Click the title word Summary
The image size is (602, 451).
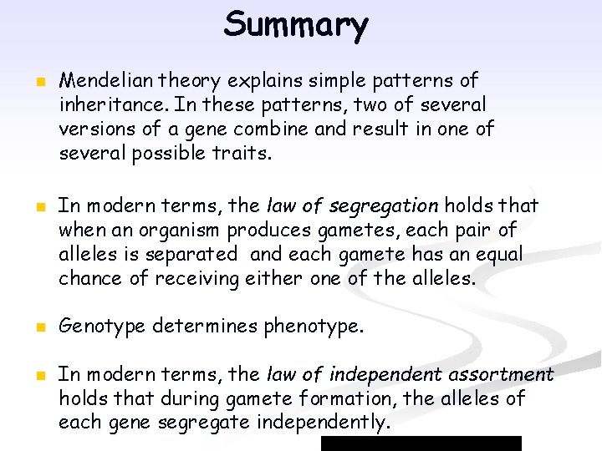point(295,25)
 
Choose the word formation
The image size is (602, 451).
point(355,398)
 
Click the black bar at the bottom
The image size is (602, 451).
point(421,443)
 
